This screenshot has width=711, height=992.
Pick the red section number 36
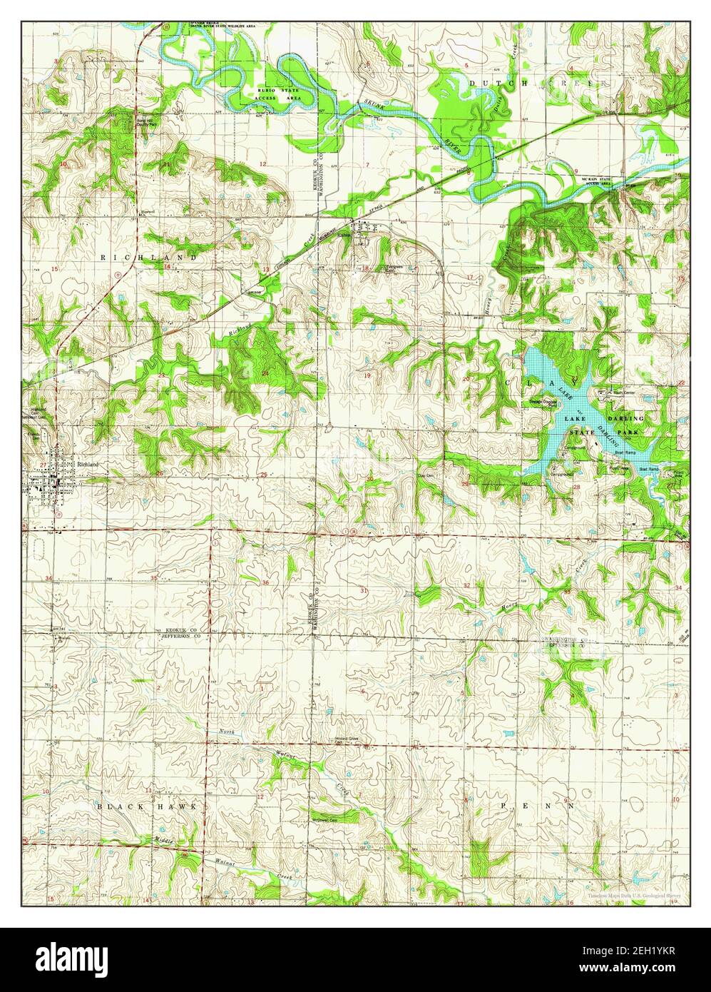pos(265,582)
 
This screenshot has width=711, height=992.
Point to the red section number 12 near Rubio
pos(262,165)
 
